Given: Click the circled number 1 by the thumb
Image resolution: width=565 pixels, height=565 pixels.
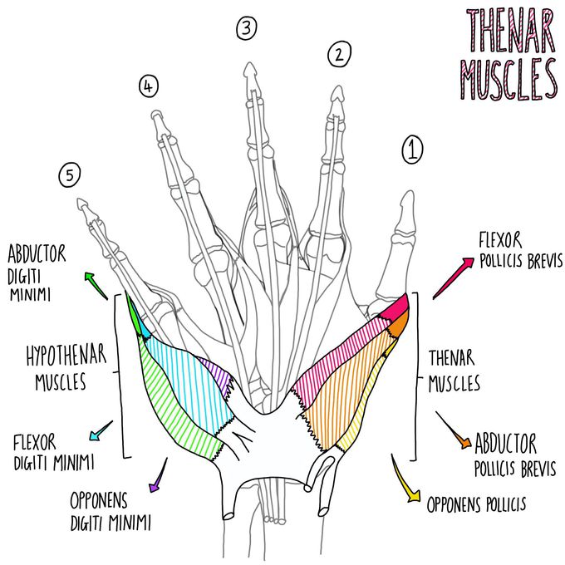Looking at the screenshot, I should pos(413,150).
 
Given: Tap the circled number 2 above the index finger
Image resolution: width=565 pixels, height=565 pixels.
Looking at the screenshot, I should pos(338,56).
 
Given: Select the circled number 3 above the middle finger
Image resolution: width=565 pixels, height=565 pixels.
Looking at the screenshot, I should pos(246,29).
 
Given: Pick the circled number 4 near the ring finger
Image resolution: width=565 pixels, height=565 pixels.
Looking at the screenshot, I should pos(148,85).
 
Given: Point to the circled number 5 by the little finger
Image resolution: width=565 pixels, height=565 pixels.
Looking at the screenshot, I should pos(70,174).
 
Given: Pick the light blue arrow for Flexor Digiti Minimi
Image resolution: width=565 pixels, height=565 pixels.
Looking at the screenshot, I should pos(99,431).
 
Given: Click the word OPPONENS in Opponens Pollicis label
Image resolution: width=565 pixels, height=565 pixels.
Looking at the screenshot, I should pos(459,504).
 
